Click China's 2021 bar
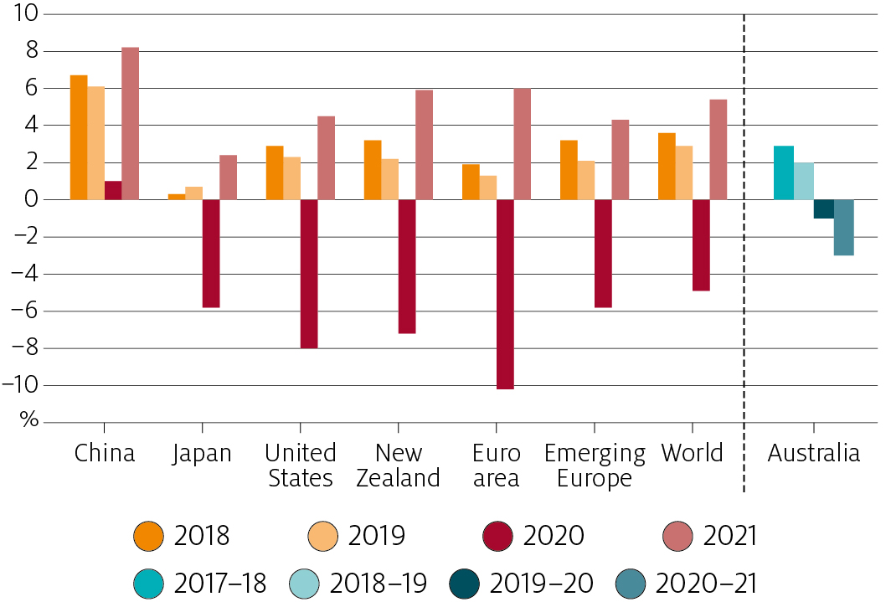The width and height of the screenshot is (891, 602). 130,123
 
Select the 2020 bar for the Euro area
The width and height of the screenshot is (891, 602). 505,294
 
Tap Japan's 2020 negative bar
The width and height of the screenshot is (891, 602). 211,253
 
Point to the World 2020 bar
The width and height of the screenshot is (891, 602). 701,244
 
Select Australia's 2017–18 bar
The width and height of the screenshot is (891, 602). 783,172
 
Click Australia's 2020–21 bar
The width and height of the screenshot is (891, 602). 843,227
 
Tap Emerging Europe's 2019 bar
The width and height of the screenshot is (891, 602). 586,180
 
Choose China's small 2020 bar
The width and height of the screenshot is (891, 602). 113,190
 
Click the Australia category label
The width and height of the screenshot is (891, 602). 813,454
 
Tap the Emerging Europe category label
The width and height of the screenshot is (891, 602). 595,466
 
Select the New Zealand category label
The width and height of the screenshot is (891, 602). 399,466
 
